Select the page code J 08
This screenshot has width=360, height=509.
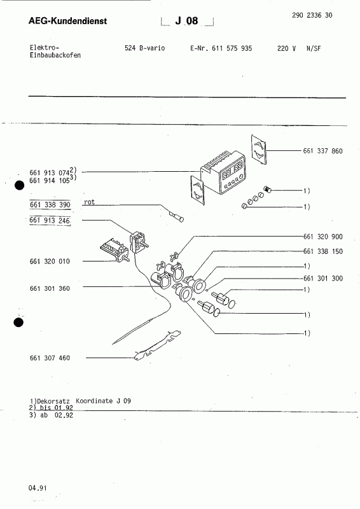pos(188,22)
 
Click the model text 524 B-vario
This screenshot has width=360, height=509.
pos(144,48)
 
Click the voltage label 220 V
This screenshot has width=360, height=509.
pos(287,48)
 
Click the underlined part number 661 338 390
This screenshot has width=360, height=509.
pos(50,205)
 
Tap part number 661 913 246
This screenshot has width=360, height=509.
pos(50,220)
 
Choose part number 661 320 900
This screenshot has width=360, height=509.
pos(322,235)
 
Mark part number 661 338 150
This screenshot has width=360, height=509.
pos(322,252)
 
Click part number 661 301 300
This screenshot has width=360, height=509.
pos(322,279)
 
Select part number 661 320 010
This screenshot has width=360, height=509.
pos(50,261)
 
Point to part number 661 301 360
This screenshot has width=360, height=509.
pos(50,289)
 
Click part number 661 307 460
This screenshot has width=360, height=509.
pos(50,358)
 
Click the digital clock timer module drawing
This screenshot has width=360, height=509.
pos(227,175)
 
